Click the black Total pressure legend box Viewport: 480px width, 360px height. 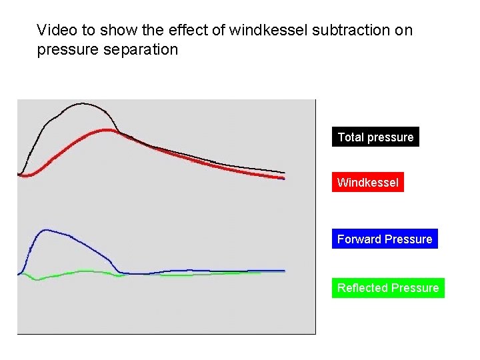point(375,137)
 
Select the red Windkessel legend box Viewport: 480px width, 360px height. point(367,183)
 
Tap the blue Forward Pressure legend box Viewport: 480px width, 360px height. point(385,239)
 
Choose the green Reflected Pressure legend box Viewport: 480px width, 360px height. point(388,288)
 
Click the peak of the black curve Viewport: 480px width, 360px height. point(82,103)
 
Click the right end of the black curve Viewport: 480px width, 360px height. point(285,173)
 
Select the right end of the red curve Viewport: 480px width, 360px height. point(284,178)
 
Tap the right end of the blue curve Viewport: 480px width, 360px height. point(285,271)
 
